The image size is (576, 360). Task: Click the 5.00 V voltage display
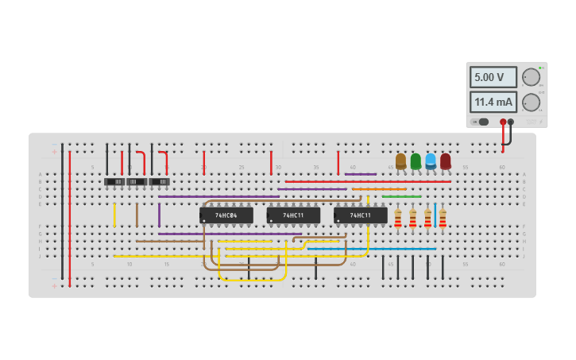pyautogui.click(x=493, y=77)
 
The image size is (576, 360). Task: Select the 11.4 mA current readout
pyautogui.click(x=493, y=102)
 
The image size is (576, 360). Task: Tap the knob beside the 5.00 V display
pyautogui.click(x=531, y=77)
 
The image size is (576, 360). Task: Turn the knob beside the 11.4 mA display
pyautogui.click(x=531, y=102)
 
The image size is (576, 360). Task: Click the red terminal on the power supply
pyautogui.click(x=503, y=122)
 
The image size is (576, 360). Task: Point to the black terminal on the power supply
pyautogui.click(x=511, y=122)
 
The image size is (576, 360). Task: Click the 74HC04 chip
pyautogui.click(x=226, y=215)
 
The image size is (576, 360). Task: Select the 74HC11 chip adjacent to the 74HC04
pyautogui.click(x=293, y=215)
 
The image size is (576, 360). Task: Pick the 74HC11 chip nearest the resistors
pyautogui.click(x=360, y=215)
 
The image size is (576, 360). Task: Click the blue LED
pyautogui.click(x=431, y=161)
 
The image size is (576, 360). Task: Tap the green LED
pyautogui.click(x=416, y=161)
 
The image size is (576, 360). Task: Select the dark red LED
pyautogui.click(x=446, y=161)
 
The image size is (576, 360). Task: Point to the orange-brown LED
pyautogui.click(x=400, y=161)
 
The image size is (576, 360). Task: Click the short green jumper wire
pyautogui.click(x=401, y=196)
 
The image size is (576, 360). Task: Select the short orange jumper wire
pyautogui.click(x=379, y=189)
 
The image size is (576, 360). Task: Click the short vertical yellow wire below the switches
pyautogui.click(x=114, y=215)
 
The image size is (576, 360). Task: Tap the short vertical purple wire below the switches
pyautogui.click(x=159, y=215)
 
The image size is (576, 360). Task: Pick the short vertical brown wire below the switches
pyautogui.click(x=137, y=215)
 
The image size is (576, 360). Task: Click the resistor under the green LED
pyautogui.click(x=412, y=218)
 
